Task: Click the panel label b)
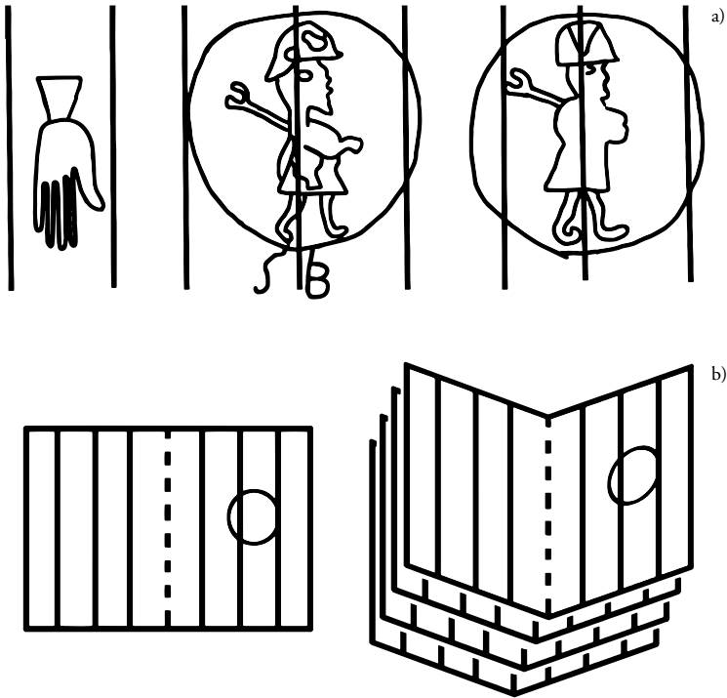(x=717, y=375)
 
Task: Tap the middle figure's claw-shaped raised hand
(x=235, y=96)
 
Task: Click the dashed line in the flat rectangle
(x=168, y=527)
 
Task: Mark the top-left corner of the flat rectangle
(x=24, y=428)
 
